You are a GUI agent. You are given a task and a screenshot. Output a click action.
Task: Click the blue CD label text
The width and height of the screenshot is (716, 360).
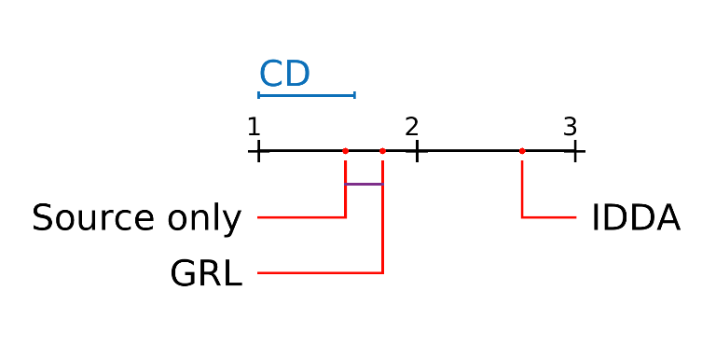[283, 74]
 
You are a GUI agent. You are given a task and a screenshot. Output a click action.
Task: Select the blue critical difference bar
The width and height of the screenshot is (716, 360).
[307, 95]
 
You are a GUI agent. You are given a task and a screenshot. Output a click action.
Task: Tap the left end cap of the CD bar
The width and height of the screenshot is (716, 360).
[259, 95]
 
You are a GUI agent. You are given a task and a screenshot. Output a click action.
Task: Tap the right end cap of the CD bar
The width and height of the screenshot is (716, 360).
[354, 95]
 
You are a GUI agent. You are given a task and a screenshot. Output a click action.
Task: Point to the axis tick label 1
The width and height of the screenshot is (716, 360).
[254, 126]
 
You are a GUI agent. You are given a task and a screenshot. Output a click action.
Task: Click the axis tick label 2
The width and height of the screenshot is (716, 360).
[411, 126]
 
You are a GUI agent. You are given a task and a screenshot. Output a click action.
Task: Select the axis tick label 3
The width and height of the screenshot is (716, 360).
[570, 126]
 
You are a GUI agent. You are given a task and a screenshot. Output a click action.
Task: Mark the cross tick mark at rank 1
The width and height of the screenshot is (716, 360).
[258, 150]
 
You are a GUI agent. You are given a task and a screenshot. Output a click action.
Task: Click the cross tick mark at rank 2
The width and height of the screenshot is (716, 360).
[417, 150]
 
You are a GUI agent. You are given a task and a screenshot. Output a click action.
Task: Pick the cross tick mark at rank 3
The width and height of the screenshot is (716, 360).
[575, 150]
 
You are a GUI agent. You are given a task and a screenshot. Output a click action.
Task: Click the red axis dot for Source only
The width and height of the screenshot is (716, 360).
[346, 150]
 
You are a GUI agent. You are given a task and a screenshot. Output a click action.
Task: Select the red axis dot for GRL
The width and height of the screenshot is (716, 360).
[383, 150]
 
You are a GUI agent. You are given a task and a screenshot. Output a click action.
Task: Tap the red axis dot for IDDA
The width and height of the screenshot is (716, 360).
[522, 150]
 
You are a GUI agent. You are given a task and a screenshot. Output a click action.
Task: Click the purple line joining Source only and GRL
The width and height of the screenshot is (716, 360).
[365, 184]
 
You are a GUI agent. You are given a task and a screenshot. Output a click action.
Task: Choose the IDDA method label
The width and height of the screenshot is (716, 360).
[636, 219]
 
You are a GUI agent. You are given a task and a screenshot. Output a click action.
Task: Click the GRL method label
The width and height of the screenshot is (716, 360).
[206, 274]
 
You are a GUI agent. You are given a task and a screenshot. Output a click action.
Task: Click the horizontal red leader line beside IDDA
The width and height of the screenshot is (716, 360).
[549, 217]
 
